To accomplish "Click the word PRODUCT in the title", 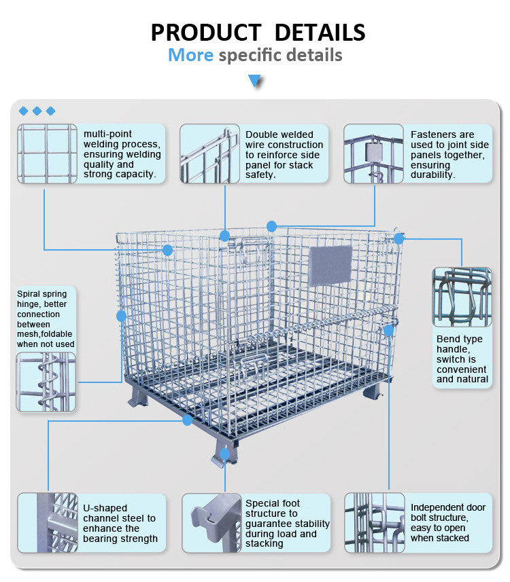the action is pos(206,33).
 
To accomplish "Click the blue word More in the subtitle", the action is pos(190,55).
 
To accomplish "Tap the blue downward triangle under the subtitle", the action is pos(255,81).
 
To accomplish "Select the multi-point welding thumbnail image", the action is pos(47,153).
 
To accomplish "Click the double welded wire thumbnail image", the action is pos(210,153).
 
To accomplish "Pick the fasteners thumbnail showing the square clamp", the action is pos(373,153).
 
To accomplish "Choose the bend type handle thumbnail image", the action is pos(462,297).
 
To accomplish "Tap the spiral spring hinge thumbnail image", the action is pos(46,382).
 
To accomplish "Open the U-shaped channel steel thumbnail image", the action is pos(48,523).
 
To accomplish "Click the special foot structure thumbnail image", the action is pos(212,523).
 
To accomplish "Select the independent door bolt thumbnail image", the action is pos(375,523).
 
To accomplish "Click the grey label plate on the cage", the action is pos(330,266).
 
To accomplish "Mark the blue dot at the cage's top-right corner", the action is pos(399,238).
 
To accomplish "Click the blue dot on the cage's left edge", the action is pos(121,316).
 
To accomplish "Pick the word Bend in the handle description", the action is pos(447,339).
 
